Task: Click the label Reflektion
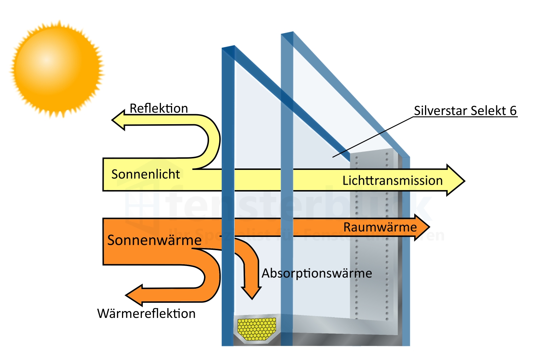click(159, 108)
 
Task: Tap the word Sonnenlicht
click(145, 174)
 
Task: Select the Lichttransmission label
click(392, 180)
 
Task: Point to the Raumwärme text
click(380, 227)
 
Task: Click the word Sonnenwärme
click(154, 240)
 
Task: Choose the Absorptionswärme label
click(317, 273)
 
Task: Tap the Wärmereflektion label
click(146, 314)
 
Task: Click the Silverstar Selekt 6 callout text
click(465, 111)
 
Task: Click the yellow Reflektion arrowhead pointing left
click(119, 120)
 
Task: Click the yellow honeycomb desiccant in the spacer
click(257, 329)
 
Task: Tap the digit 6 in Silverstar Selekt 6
click(513, 111)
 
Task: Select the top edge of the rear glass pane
click(287, 33)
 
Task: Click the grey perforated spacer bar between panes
click(372, 234)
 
